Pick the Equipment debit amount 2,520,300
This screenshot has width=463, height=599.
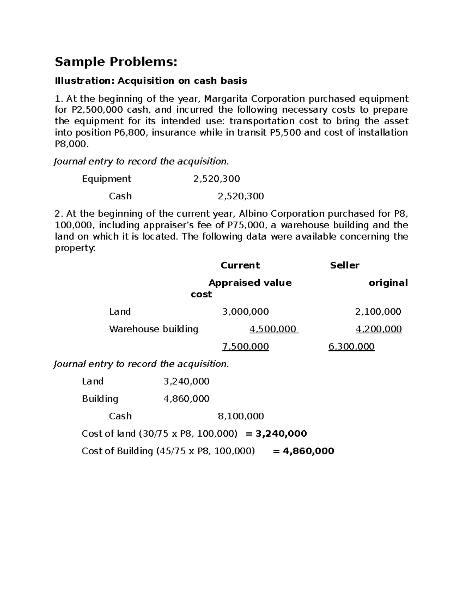(x=216, y=179)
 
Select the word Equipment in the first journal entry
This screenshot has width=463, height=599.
(x=106, y=179)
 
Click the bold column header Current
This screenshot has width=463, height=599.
(x=240, y=265)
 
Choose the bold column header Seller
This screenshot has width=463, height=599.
(x=345, y=265)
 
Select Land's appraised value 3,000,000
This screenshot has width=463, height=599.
(x=245, y=312)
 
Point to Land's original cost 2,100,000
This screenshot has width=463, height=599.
(x=378, y=312)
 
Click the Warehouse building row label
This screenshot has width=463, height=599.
(x=154, y=329)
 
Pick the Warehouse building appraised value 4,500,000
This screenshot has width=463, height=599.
(x=273, y=329)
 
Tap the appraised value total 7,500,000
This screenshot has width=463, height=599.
(x=245, y=346)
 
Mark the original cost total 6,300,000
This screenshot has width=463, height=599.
(x=351, y=346)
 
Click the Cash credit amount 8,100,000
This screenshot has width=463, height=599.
(x=241, y=416)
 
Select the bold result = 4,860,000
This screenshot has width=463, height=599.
(x=303, y=451)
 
